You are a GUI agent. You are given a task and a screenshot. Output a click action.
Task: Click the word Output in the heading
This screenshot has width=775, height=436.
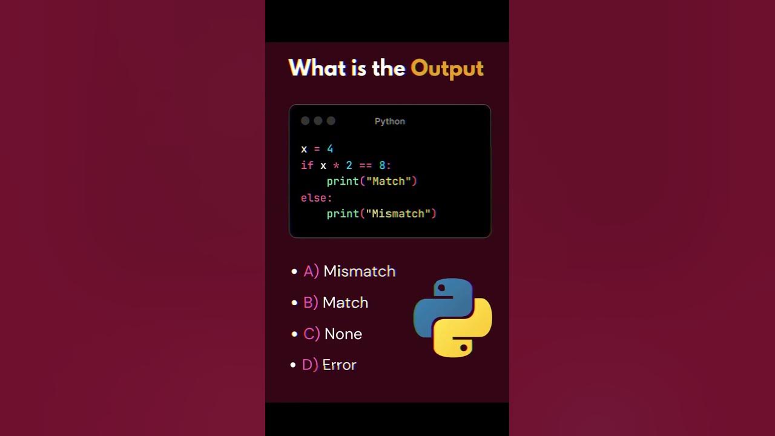pos(447,68)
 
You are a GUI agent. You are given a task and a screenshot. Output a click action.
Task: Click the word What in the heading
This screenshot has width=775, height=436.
pos(317,68)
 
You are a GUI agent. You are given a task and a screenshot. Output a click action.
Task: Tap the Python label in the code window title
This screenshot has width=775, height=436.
pos(390,121)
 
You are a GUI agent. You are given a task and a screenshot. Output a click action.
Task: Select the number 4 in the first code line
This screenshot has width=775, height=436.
pos(330,149)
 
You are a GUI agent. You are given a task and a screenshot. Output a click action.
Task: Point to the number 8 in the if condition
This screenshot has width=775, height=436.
pos(382,165)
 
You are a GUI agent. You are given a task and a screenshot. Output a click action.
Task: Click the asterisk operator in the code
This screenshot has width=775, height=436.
pos(336,165)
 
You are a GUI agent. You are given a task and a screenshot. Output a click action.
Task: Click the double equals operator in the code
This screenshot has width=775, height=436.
pos(366,165)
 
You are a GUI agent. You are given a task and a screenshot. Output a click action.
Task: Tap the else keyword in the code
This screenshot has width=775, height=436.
pos(314,197)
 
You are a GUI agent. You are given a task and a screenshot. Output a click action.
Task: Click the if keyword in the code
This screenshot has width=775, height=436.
pos(307,165)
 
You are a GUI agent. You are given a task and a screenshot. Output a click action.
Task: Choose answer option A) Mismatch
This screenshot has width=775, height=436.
pos(349,271)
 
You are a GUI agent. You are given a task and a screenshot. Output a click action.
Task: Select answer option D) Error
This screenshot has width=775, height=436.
pos(329,365)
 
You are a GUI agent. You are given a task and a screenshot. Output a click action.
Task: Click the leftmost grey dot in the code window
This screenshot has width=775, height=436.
pos(305,121)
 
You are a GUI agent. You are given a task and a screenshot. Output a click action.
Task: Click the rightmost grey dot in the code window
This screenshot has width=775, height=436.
pos(331,121)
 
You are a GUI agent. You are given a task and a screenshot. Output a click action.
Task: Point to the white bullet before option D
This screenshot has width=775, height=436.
pos(294,365)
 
